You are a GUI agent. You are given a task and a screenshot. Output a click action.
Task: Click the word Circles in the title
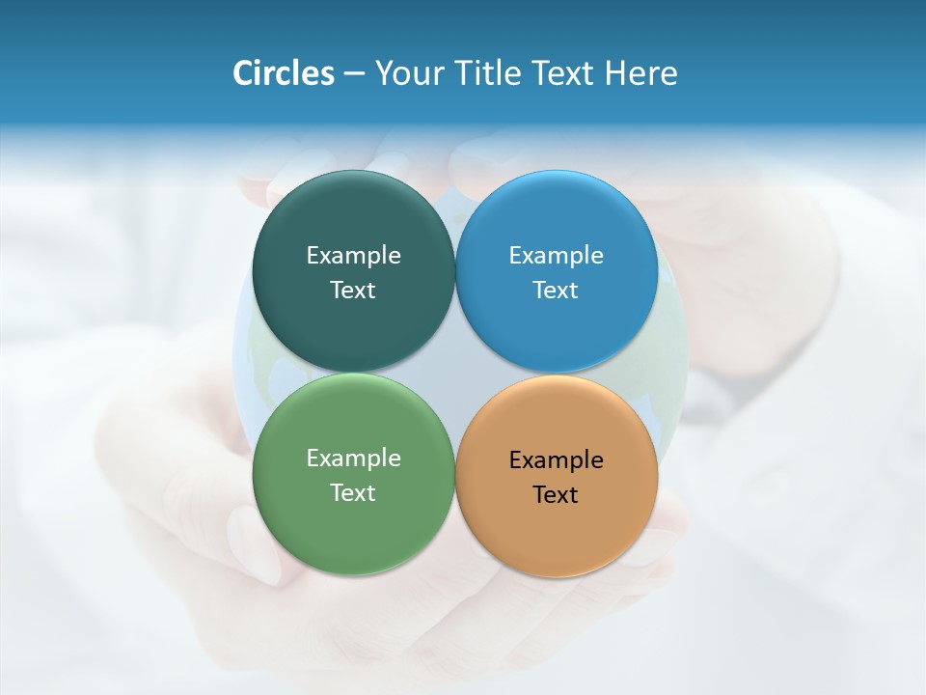click(x=283, y=73)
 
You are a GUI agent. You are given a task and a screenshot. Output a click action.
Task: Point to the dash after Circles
click(x=354, y=74)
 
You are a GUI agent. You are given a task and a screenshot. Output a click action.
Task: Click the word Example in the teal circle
click(x=353, y=255)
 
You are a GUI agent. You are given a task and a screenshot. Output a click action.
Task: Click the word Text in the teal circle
click(x=353, y=290)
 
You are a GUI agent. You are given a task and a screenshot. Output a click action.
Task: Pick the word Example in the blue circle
click(x=556, y=255)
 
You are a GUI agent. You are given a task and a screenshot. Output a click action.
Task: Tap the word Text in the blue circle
click(x=556, y=290)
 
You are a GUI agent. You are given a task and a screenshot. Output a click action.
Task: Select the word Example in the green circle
click(x=353, y=458)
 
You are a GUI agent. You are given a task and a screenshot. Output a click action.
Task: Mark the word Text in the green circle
click(x=353, y=492)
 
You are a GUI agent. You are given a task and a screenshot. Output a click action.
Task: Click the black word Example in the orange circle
click(x=556, y=459)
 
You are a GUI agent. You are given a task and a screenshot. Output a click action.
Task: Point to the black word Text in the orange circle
click(x=556, y=494)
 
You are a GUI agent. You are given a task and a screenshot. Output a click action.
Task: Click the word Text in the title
click(x=563, y=73)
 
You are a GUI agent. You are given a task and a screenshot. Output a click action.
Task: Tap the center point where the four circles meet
click(x=455, y=373)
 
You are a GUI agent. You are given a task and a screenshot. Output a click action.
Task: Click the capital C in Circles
click(x=243, y=73)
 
